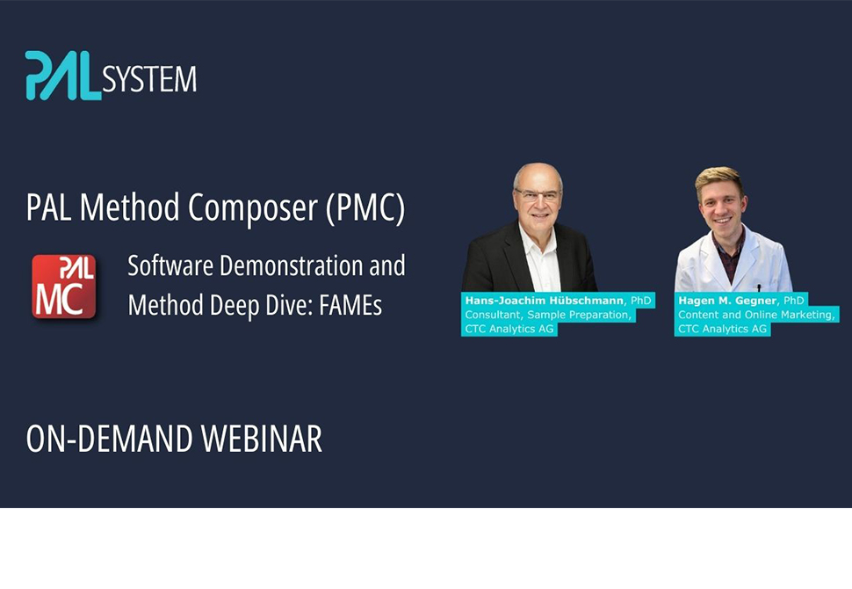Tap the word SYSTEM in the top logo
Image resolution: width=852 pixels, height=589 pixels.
[149, 80]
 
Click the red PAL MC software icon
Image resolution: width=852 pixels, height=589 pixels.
[63, 286]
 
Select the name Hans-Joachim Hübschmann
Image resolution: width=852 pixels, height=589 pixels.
[545, 301]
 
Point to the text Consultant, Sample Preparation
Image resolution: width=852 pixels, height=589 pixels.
[547, 315]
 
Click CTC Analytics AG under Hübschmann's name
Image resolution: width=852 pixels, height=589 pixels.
[510, 329]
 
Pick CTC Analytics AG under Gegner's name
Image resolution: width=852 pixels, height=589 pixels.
[723, 329]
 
